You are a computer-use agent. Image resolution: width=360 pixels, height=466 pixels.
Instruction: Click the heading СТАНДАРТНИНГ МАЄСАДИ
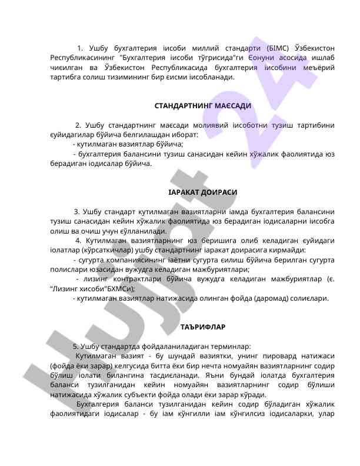203,106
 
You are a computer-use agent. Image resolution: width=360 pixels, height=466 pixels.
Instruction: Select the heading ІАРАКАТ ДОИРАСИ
203,192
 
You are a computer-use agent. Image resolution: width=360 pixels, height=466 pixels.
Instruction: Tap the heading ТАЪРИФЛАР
203,327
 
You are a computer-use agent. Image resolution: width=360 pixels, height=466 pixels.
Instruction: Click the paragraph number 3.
76,212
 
